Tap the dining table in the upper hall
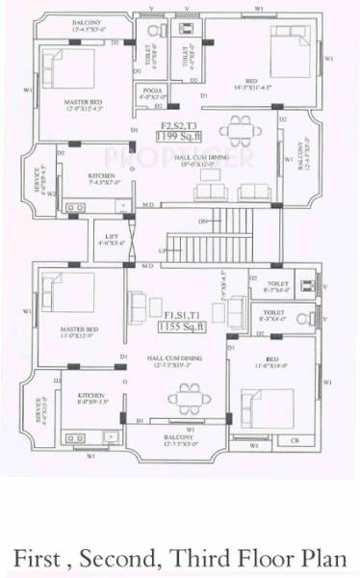tap(236, 129)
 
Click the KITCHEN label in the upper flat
tap(102, 175)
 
